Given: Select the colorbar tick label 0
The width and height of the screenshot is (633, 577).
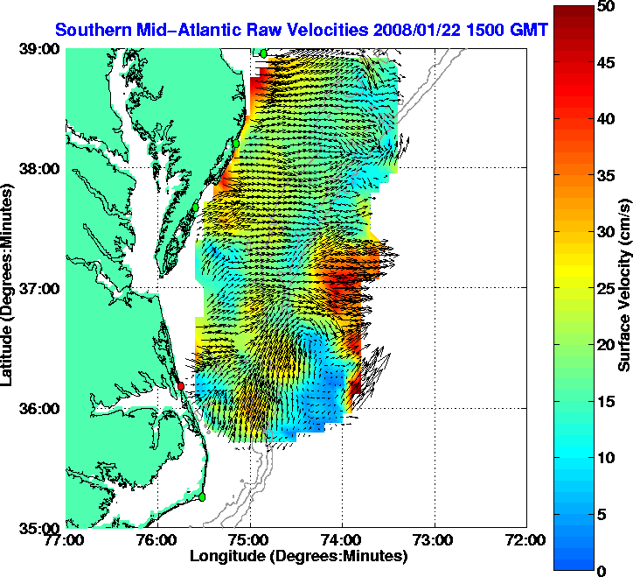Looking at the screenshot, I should point(602,570).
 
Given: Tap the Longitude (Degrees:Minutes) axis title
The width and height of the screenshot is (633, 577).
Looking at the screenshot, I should point(298,556).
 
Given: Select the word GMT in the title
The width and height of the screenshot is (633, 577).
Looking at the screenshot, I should point(526,30).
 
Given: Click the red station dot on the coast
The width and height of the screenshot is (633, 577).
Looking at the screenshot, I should point(181,385).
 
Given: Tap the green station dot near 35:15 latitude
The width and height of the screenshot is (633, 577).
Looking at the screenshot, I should point(202,496).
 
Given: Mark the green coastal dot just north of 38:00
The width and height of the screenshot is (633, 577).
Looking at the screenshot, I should point(235,143).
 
